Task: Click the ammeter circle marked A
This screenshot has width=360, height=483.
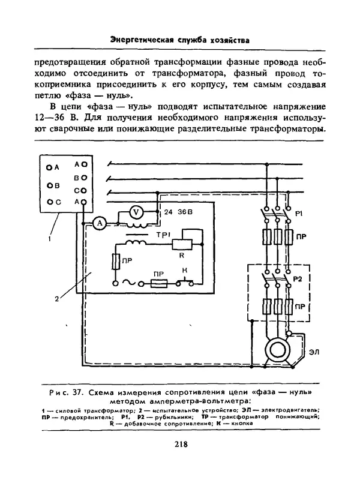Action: [x=101, y=223]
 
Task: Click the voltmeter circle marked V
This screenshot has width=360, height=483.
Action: [x=137, y=211]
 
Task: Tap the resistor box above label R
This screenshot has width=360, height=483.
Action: [x=181, y=244]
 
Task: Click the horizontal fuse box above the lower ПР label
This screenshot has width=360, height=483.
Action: [x=158, y=284]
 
